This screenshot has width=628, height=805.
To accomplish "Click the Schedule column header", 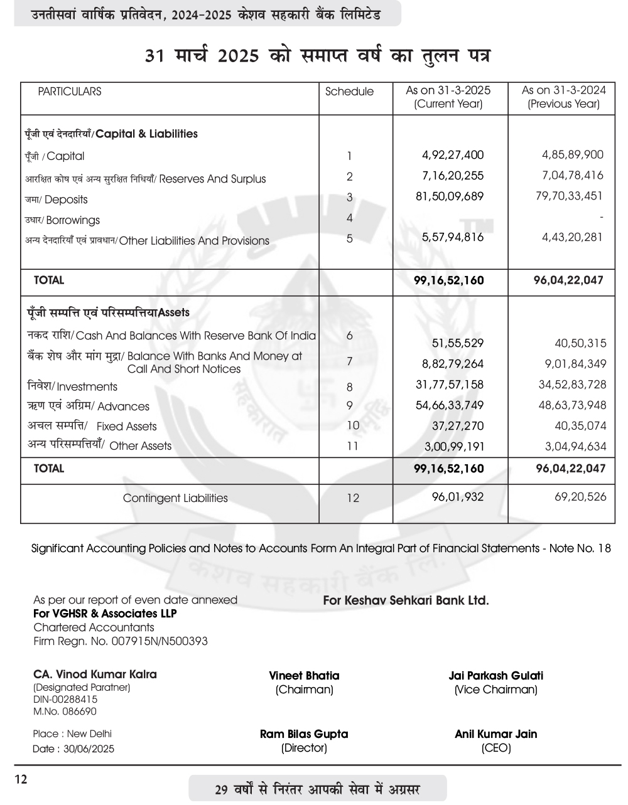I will (x=349, y=92).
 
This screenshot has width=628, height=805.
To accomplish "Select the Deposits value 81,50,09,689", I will (x=450, y=196).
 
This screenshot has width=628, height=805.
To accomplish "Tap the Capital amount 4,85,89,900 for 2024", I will (x=572, y=154).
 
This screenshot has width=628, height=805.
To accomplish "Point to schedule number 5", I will (x=350, y=238).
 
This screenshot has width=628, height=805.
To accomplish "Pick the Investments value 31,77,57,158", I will (x=450, y=385).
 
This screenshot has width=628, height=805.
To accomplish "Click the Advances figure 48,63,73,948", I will (x=572, y=405).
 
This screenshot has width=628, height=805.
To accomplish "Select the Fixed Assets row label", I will (x=92, y=426).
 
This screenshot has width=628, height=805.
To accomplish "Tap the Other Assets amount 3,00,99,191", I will (x=450, y=447).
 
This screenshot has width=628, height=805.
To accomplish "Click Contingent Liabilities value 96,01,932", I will (x=458, y=497).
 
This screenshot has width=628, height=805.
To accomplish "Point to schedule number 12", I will (x=353, y=498).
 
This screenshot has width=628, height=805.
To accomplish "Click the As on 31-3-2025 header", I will (x=448, y=97).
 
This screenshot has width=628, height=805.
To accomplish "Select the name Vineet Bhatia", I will (x=304, y=676).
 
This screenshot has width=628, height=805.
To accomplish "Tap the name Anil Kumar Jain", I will (x=495, y=734).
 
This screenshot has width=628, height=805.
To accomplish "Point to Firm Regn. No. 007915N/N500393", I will (x=120, y=641).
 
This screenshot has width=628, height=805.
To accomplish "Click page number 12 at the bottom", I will (x=21, y=780).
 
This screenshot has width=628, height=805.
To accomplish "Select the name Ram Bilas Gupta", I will (x=304, y=734).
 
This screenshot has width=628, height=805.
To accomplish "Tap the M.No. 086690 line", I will (x=65, y=712).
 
